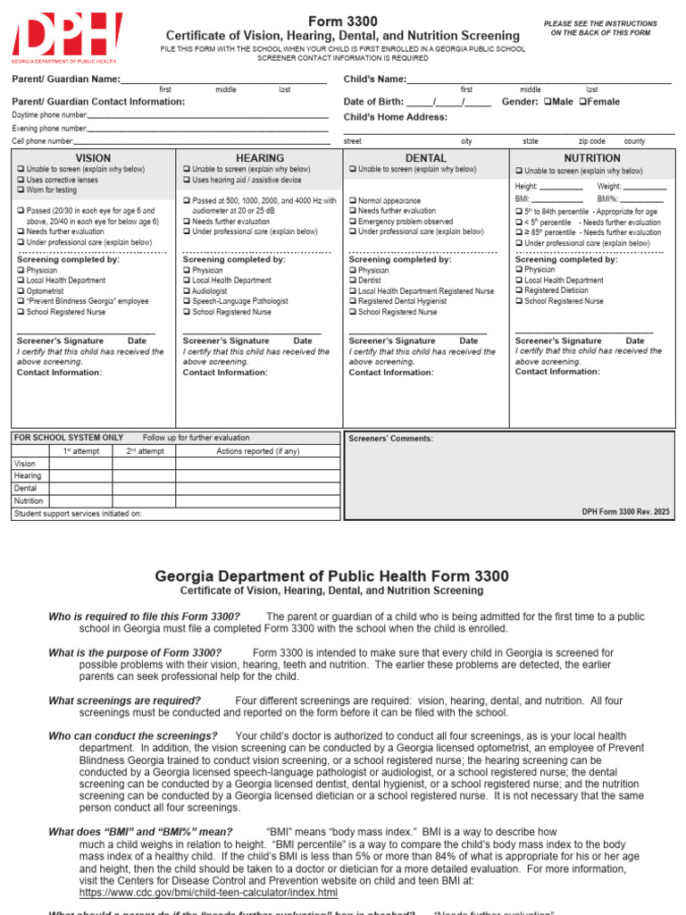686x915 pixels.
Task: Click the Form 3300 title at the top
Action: coord(343,21)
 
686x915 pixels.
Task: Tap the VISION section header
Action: coord(94,158)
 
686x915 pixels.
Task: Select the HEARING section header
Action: coord(260,158)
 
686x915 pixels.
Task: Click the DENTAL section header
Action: coord(426,158)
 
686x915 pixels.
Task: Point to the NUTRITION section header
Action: coord(592,158)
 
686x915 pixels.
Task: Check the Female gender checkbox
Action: coord(583,102)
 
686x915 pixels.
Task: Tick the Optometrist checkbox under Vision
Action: coord(21,291)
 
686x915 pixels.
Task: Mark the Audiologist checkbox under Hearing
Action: coord(187,291)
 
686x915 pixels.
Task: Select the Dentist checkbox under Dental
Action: coord(353,281)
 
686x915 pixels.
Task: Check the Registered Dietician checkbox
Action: coord(519,290)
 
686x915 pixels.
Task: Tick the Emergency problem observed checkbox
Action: coord(353,222)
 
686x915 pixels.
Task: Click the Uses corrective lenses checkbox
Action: coord(21,180)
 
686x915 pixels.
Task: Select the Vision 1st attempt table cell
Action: coord(80,464)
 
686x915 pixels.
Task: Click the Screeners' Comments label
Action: coord(378,439)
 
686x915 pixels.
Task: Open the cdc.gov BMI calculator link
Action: coord(208,893)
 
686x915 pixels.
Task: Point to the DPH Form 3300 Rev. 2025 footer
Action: coord(624,512)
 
